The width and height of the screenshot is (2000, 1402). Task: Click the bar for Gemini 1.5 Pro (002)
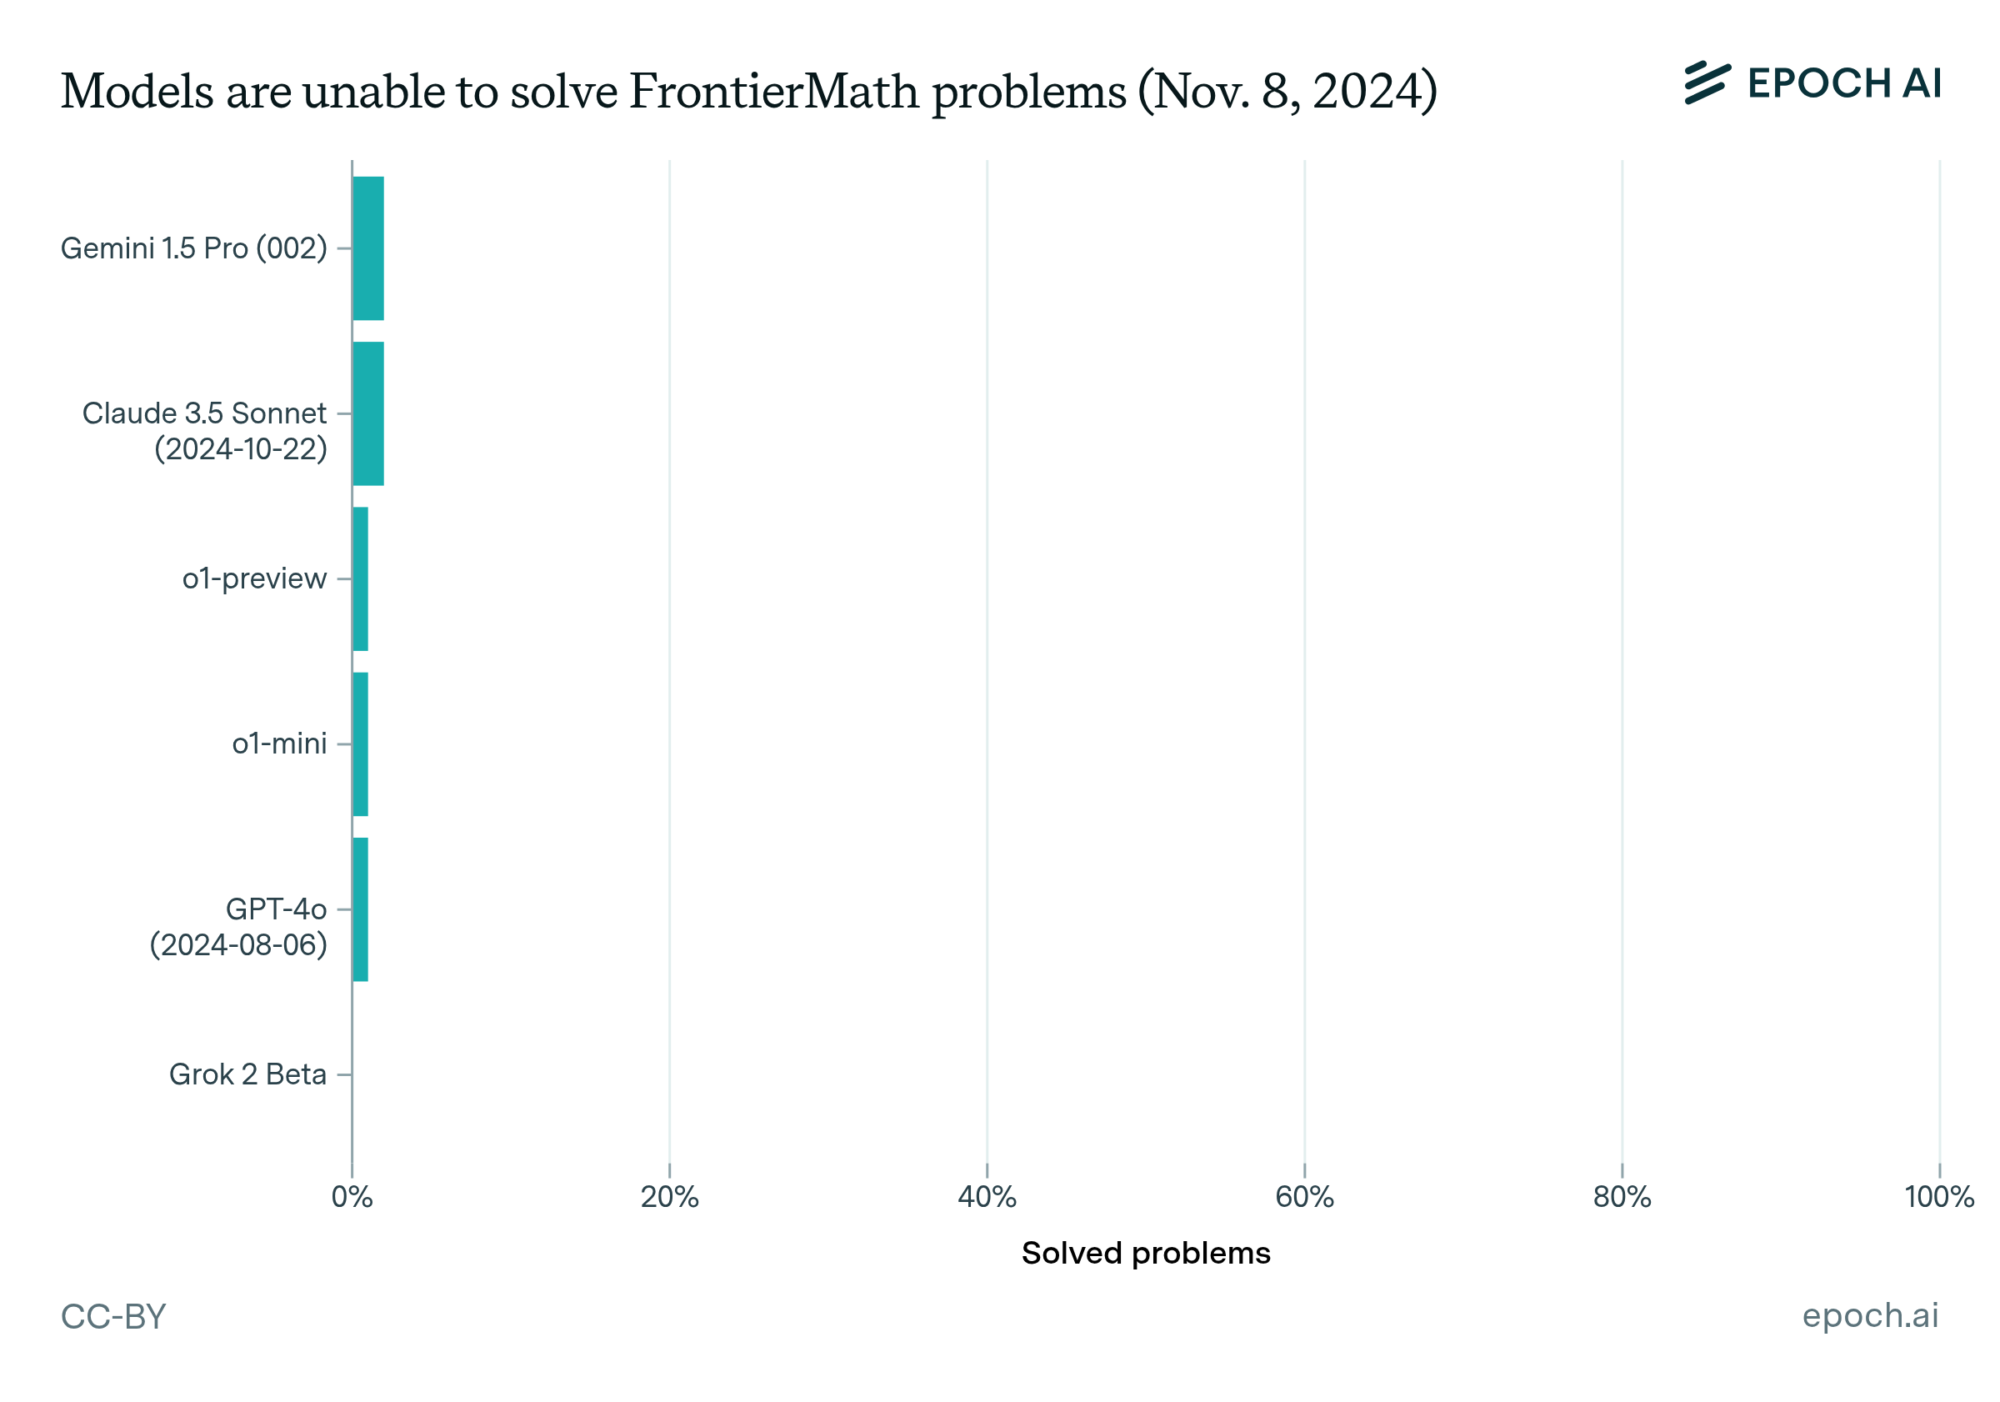click(368, 248)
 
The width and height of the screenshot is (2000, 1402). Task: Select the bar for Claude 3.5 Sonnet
click(368, 414)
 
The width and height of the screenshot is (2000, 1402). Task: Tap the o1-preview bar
click(361, 578)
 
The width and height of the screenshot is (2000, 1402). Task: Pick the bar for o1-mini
click(361, 744)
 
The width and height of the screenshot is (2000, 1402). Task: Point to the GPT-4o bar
click(361, 909)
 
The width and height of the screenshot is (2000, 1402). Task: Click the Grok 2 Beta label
click(247, 1074)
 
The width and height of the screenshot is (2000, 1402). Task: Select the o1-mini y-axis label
click(278, 744)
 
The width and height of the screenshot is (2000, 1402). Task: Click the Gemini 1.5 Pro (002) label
click(193, 248)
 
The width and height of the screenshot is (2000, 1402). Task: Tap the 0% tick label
click(352, 1197)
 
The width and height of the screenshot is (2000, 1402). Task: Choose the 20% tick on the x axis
click(669, 1197)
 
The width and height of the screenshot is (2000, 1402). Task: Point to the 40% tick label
click(987, 1197)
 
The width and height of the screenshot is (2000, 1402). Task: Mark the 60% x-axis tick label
click(1304, 1197)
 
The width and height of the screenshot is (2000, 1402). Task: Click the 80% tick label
click(1622, 1197)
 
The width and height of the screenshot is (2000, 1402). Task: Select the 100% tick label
click(1939, 1197)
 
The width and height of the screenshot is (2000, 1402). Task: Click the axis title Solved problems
click(1146, 1253)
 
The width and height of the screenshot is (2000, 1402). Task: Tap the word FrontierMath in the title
click(772, 92)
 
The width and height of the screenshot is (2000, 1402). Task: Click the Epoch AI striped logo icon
click(1707, 83)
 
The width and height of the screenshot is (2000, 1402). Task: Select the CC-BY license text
click(113, 1317)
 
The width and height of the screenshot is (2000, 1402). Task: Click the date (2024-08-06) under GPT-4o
click(237, 945)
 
